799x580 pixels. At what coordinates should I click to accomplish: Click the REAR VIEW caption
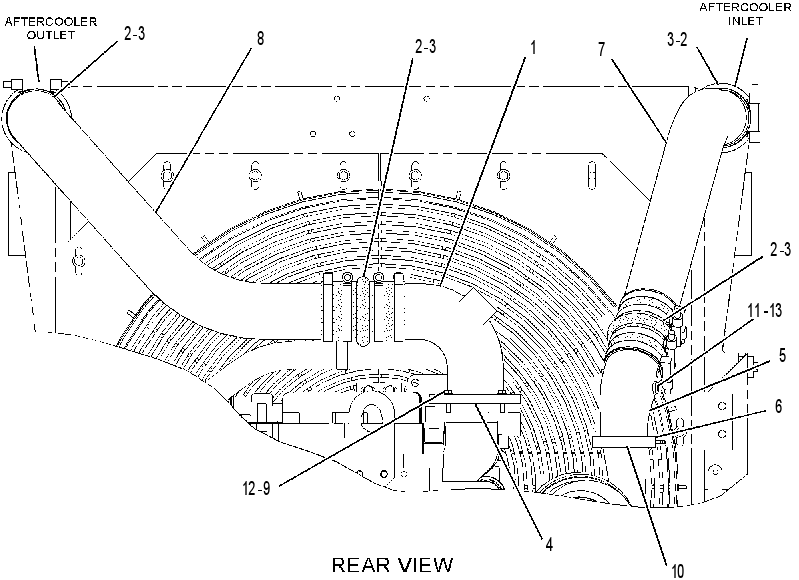tap(392, 565)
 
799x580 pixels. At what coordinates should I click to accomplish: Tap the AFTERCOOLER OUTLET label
tap(50, 28)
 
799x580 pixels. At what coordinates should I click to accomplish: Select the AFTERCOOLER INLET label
tap(744, 14)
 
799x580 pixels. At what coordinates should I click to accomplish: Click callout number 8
tap(260, 39)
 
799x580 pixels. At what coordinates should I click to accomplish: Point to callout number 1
tap(534, 47)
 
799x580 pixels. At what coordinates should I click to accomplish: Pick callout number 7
tap(602, 49)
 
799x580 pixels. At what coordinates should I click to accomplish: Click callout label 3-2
tap(677, 39)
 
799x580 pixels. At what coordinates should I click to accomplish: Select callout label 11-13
tap(764, 309)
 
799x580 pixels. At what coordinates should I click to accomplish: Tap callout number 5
tap(782, 355)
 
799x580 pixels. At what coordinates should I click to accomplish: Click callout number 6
tap(778, 406)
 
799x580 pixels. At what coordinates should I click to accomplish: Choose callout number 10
tap(677, 571)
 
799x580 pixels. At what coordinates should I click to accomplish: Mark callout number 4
tap(549, 544)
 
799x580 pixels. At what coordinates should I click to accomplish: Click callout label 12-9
tap(257, 489)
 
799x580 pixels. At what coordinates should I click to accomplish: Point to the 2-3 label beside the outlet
tap(134, 33)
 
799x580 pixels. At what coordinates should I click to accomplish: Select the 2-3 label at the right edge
tap(780, 249)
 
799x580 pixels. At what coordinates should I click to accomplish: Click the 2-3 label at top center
tap(425, 47)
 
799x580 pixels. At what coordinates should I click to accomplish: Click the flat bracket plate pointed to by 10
tap(624, 441)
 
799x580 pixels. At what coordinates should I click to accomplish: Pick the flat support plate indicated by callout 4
tap(475, 399)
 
